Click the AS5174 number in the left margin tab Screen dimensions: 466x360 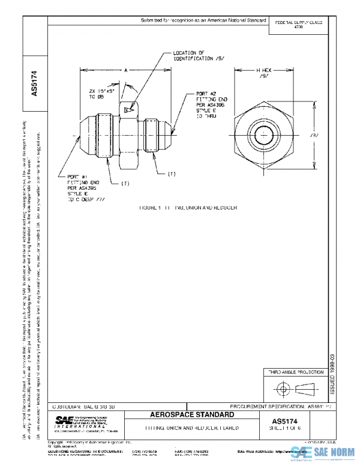(x=34, y=84)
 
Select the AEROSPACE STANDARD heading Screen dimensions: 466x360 (x=190, y=416)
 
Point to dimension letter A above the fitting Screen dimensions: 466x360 (x=127, y=70)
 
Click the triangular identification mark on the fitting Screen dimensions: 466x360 (x=127, y=110)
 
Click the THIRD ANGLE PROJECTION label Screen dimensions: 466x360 (x=295, y=373)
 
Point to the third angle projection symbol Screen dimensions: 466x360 (x=295, y=389)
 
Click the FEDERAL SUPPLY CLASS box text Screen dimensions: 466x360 (x=298, y=25)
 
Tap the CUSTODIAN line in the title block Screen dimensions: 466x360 (x=83, y=407)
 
